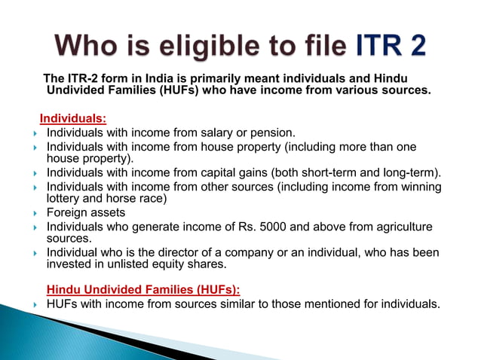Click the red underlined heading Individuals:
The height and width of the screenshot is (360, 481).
(x=73, y=118)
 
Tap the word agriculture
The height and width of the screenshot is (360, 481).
(x=404, y=226)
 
